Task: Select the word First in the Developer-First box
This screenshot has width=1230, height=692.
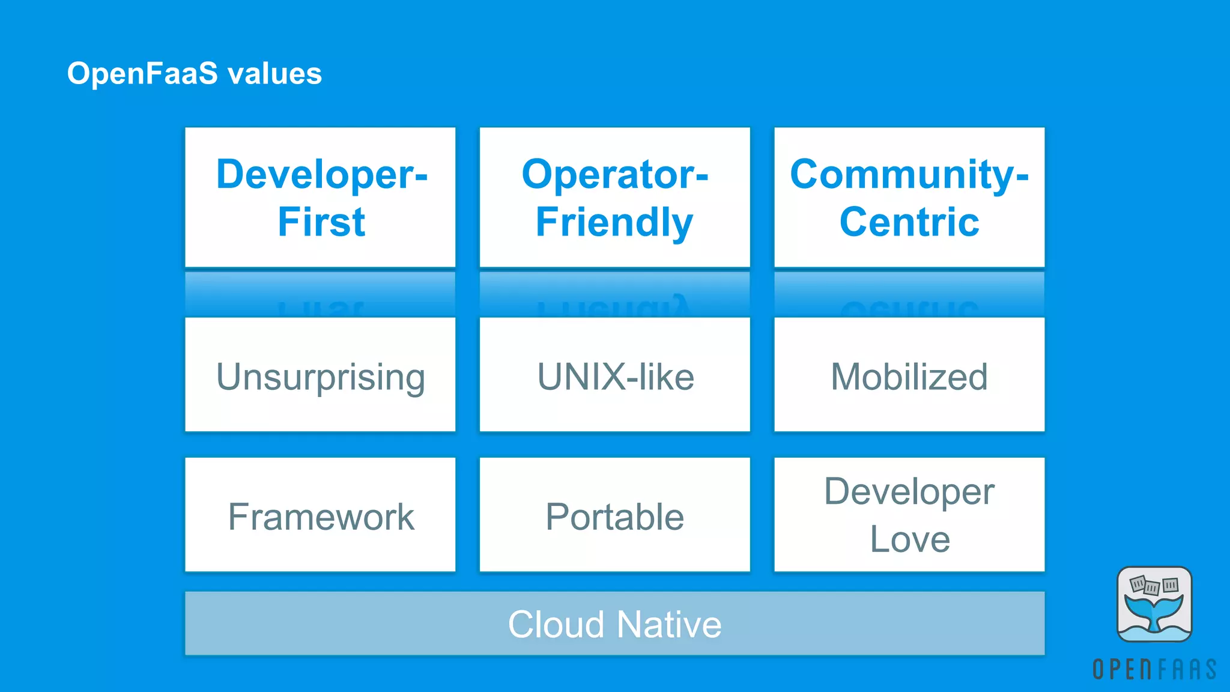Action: point(321,222)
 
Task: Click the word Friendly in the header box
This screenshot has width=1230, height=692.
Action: point(614,223)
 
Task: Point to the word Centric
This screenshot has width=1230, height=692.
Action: point(909,222)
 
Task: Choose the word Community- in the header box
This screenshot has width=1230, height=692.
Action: point(909,175)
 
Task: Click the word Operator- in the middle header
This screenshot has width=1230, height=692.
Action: point(614,175)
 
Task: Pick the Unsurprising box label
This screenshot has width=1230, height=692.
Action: point(320,377)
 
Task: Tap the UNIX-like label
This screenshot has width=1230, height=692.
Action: point(615,377)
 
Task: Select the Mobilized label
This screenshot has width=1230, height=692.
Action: point(909,377)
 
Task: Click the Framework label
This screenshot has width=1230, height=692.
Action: point(321,517)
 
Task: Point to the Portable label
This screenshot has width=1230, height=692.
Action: point(614,517)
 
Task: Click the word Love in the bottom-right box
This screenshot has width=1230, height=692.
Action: point(909,539)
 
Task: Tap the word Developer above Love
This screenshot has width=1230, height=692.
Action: point(909,491)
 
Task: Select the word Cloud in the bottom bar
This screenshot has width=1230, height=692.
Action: point(556,624)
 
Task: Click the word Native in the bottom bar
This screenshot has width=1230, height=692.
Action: point(668,624)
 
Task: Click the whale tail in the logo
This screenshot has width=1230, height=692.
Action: point(1154,613)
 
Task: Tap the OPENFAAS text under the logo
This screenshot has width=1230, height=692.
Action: point(1154,669)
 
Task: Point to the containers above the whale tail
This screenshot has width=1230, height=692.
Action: point(1153,585)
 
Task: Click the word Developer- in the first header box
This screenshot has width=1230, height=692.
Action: point(321,175)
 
